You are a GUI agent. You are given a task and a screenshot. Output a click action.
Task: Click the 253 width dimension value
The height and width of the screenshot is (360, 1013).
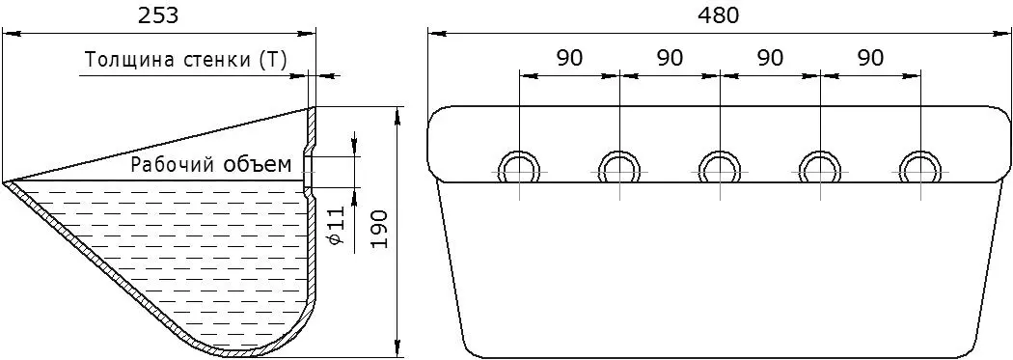[158, 15]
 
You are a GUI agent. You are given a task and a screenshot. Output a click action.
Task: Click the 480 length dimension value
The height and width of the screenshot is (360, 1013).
[718, 15]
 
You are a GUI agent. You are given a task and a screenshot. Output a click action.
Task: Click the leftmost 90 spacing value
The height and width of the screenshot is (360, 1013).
[569, 58]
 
